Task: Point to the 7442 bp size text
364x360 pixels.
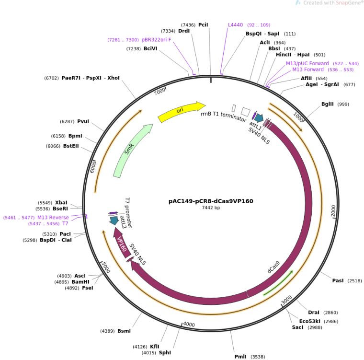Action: (x=211, y=208)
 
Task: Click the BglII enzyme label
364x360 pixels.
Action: (x=328, y=104)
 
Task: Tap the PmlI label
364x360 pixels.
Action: (x=240, y=357)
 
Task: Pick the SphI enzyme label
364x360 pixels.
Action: (x=165, y=353)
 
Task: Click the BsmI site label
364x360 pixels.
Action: (x=124, y=331)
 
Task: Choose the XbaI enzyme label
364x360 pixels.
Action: (x=61, y=203)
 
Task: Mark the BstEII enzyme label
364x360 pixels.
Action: (x=71, y=146)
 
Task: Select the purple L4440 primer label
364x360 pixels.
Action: (x=236, y=24)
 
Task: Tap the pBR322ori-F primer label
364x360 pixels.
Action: (x=156, y=40)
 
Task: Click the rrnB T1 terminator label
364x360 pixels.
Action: (x=223, y=117)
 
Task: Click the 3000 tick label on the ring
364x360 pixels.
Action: (x=286, y=299)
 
